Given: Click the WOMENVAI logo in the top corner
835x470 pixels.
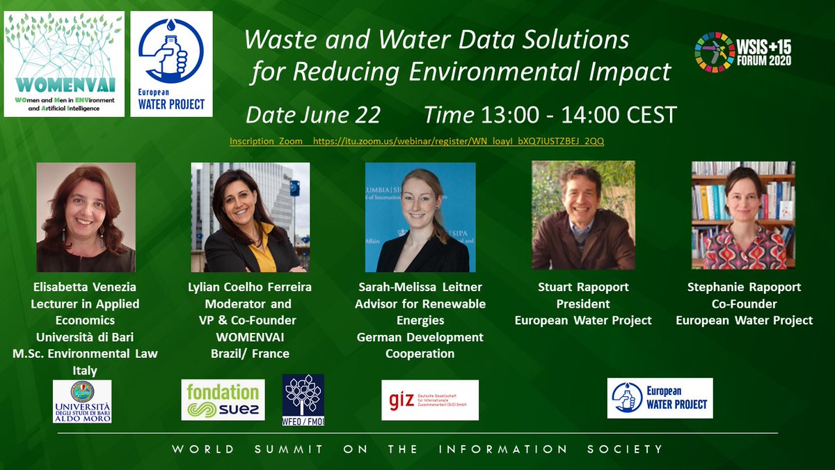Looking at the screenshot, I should (64, 64).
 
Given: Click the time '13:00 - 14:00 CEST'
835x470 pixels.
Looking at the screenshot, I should (550, 115).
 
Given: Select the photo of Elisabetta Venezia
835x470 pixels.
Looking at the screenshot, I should (86, 217).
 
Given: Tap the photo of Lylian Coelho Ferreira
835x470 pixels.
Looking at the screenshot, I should (250, 217).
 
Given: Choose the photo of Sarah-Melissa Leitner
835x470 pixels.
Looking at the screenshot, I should (420, 217).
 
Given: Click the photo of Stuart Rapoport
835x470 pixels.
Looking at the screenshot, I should (583, 215).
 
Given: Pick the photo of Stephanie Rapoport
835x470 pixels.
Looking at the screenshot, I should (743, 215).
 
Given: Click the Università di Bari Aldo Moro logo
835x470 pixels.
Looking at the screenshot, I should (82, 401).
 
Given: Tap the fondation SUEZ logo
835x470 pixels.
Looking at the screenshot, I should (223, 400).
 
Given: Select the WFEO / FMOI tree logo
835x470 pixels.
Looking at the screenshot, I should (303, 400).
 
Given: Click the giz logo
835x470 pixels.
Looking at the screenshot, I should (430, 400).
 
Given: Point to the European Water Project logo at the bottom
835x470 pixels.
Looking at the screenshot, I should (660, 398).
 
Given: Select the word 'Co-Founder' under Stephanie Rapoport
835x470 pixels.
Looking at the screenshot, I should (744, 304).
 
